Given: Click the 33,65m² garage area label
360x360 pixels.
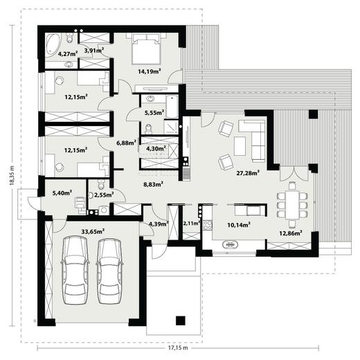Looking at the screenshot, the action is click(x=93, y=231).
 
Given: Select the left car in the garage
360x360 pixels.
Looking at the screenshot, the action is click(x=75, y=270).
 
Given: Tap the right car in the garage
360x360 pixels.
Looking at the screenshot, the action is click(x=109, y=271).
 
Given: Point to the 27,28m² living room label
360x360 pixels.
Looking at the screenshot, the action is click(x=248, y=173).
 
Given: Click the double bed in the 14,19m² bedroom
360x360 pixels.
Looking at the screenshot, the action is click(x=146, y=48).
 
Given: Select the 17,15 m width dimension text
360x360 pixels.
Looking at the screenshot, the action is click(x=178, y=348).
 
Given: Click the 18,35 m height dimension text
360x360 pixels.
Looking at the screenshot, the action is click(x=12, y=175).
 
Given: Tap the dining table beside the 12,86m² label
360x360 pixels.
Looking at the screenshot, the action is click(x=292, y=204).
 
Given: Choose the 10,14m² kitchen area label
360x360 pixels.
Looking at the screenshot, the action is click(x=239, y=225).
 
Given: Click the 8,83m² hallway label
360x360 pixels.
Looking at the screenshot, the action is click(x=154, y=184).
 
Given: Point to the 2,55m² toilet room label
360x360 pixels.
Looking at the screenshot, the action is click(x=104, y=195).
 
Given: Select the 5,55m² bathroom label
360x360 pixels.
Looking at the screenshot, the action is click(x=154, y=113).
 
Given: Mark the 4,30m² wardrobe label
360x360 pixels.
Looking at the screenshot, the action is click(x=156, y=149).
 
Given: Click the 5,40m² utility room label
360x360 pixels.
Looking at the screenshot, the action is click(x=62, y=192).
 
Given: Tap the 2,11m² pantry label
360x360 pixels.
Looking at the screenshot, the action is click(x=192, y=223).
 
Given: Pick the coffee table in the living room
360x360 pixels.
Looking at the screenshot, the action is click(x=240, y=146).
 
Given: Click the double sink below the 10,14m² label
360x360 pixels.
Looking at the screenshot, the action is click(x=230, y=244).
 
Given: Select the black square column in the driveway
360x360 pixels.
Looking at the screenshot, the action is click(x=181, y=321).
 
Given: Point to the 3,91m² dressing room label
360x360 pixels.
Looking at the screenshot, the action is click(x=94, y=50).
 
